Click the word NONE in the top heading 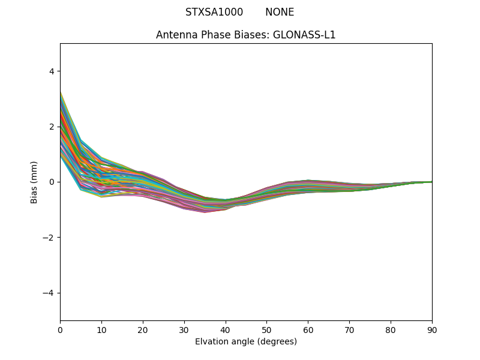[x=280, y=12]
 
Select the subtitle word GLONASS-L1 [x=304, y=35]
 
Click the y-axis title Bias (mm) [x=34, y=182]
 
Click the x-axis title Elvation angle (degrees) [x=246, y=341]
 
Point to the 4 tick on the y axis [x=52, y=71]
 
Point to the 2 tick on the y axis [x=52, y=127]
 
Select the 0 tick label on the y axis [x=52, y=182]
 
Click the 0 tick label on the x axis [x=60, y=329]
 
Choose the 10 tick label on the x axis [x=101, y=329]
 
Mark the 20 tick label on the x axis [x=143, y=329]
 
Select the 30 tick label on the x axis [x=184, y=329]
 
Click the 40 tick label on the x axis [x=226, y=329]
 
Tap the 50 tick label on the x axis [x=266, y=329]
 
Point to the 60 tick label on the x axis [x=308, y=329]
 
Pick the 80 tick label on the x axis [x=391, y=329]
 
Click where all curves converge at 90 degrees [x=431, y=182]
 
